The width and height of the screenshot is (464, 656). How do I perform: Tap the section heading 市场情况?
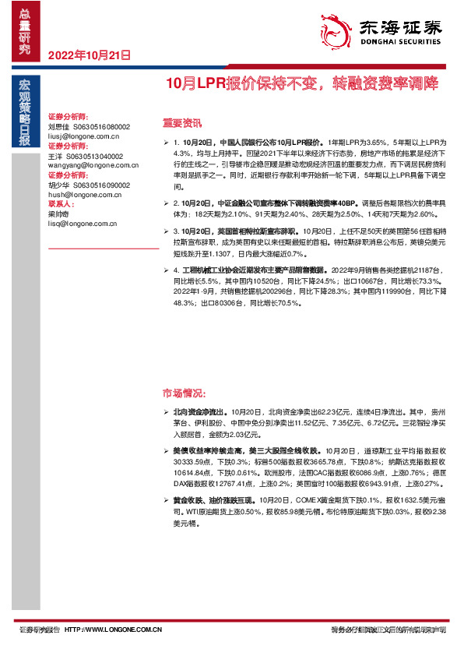click(x=184, y=392)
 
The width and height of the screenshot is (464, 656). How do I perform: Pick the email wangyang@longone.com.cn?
click(x=87, y=165)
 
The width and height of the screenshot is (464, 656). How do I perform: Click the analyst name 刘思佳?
click(x=59, y=125)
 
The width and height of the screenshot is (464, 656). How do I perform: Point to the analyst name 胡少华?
click(x=59, y=185)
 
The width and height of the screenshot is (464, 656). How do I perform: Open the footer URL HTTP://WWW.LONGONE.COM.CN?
click(x=113, y=629)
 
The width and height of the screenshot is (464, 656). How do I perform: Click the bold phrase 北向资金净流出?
click(x=200, y=410)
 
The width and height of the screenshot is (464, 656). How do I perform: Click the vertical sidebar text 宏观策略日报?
click(x=24, y=112)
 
